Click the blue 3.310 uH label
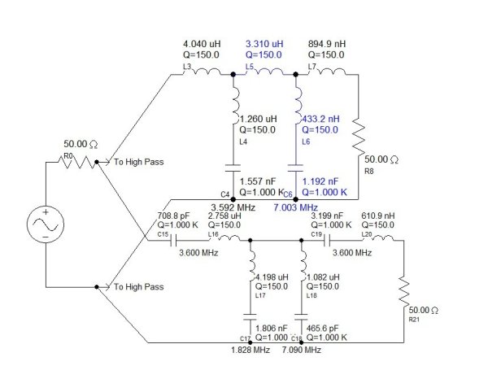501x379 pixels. [x=266, y=45]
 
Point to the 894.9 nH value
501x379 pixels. [x=328, y=45]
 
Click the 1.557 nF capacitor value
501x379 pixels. [x=259, y=182]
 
